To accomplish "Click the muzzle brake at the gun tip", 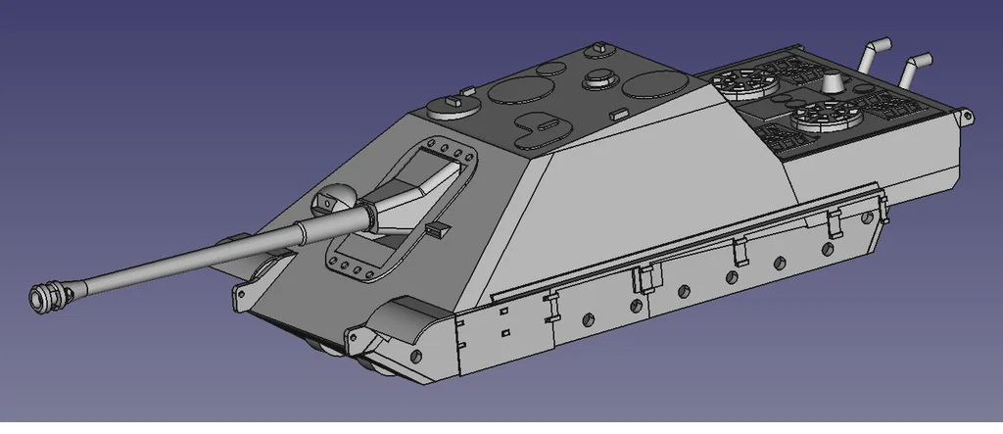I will pyautogui.click(x=46, y=294).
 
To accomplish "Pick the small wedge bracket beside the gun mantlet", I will pyautogui.click(x=436, y=228).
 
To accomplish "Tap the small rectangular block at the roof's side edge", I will pyautogui.click(x=617, y=115).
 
